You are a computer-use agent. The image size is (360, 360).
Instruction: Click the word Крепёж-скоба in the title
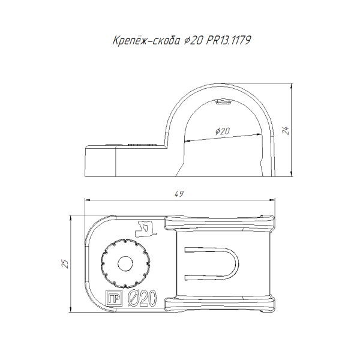[x=146, y=40]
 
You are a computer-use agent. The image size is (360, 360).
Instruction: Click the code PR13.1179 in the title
[x=229, y=40]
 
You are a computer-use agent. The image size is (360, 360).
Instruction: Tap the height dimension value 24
[x=286, y=130]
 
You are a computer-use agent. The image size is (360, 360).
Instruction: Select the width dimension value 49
[x=179, y=194]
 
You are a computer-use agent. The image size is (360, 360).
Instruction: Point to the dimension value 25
[x=65, y=264]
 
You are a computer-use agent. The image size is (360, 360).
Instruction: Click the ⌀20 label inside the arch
[x=222, y=131]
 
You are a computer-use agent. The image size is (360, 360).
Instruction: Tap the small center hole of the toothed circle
[x=125, y=264]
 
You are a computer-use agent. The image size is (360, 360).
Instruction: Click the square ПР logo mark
[x=113, y=298]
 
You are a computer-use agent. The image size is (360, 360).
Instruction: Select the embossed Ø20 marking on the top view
[x=142, y=298]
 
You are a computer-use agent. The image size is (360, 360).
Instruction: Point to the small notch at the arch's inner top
[x=223, y=101]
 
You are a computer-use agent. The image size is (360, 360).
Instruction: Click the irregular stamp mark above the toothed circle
[x=145, y=229]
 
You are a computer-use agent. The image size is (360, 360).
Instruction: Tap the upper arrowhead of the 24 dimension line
[x=292, y=86]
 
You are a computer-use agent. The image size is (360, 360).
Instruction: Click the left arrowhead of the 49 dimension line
[x=88, y=200]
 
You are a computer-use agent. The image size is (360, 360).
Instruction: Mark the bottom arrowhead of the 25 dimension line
[x=71, y=309]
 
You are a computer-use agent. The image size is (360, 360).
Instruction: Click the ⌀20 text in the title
[x=193, y=41]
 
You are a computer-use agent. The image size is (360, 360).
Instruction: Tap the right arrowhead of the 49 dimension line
[x=272, y=200]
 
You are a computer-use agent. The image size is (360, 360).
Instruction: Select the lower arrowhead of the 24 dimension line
[x=292, y=173]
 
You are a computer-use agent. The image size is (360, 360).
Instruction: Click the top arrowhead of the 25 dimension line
[x=71, y=218]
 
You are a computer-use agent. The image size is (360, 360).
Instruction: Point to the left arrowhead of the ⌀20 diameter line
[x=187, y=141]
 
